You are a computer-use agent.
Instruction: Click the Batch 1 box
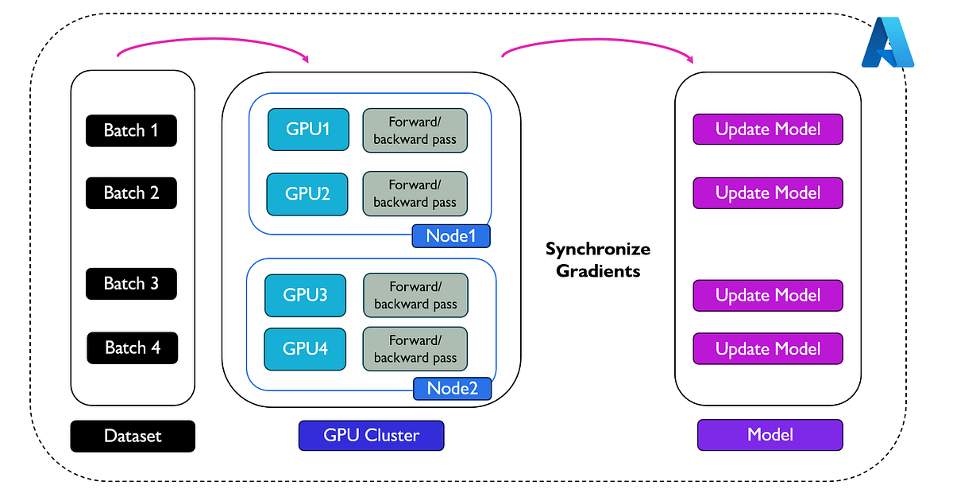pos(131,130)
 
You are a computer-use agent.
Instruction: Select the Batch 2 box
pos(131,192)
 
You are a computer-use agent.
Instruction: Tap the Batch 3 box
pos(131,284)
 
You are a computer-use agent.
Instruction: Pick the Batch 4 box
pos(132,347)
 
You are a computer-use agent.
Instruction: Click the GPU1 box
pos(307,130)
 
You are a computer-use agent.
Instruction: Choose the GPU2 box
pos(307,194)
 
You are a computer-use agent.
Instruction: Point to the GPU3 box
pos(305,295)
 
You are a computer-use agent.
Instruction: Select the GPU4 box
pos(305,349)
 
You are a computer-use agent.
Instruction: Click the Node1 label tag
pos(450,236)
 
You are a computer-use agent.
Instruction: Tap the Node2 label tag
pos(452,389)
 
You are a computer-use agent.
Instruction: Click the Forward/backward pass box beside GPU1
pos(415,130)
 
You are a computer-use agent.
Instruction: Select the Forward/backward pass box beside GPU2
pos(415,194)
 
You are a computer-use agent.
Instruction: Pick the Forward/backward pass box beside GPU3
pos(415,295)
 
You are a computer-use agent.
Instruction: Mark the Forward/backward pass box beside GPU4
pos(415,349)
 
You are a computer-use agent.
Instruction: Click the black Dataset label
pos(132,436)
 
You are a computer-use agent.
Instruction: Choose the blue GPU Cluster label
pos(371,435)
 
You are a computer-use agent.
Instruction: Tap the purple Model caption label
pos(769,435)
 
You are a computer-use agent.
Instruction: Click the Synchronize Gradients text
pos(597,259)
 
